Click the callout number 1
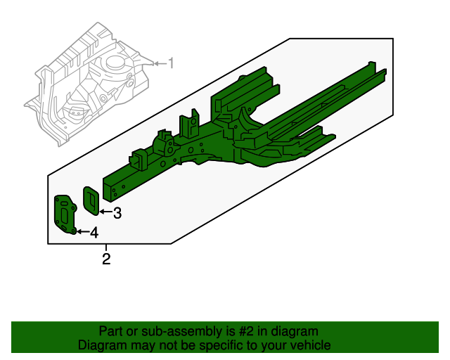pos(170,63)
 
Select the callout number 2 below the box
pos(106,260)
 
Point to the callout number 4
pos(94,233)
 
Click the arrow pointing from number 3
pos(104,211)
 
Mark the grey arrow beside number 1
pos(158,63)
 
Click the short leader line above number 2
pos(106,248)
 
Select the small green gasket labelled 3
pos(91,199)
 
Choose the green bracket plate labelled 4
pos(65,215)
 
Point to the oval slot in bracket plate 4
pos(67,209)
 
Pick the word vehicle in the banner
pos(310,345)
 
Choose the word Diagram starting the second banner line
pos(101,345)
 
